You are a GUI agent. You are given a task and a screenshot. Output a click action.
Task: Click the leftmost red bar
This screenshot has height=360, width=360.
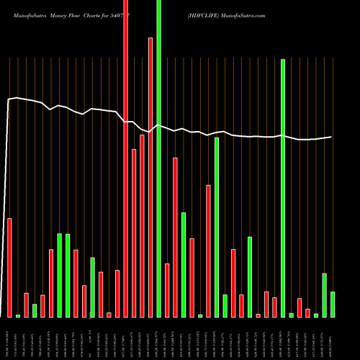point(9,267)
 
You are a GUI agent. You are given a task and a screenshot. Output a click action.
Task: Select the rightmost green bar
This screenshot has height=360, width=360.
point(333,304)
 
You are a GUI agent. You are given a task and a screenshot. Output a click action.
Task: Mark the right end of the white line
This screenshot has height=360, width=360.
point(331,137)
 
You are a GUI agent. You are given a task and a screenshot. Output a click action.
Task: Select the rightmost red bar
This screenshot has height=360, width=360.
point(308,312)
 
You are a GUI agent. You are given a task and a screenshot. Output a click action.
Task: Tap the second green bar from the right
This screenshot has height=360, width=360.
point(325,295)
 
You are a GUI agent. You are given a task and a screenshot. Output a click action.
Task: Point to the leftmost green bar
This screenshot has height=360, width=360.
point(18,315)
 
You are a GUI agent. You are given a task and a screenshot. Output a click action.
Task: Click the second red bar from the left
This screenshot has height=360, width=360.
point(26,305)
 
